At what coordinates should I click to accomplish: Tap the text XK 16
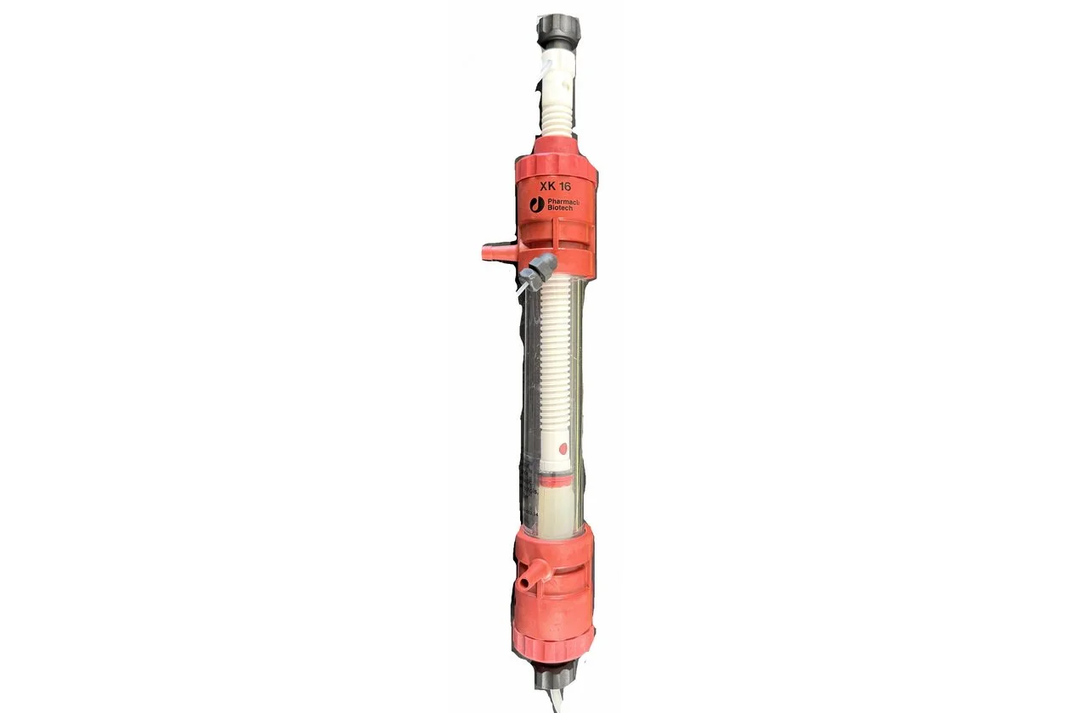556,185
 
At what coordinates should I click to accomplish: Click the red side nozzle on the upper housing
491,250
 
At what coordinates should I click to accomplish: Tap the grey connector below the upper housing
536,271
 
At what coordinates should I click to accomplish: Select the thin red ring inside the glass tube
554,480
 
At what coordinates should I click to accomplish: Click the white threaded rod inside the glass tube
555,356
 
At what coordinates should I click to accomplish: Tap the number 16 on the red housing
567,185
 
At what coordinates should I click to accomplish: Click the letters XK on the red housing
546,185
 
